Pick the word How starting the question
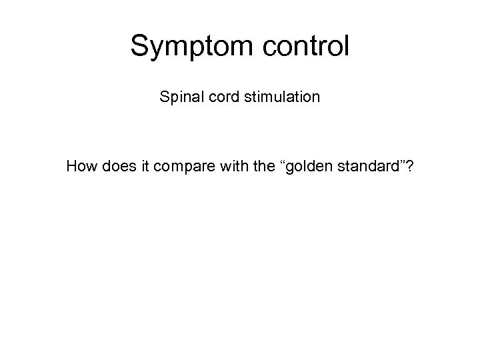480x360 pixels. click(x=81, y=165)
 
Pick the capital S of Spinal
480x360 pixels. click(x=164, y=97)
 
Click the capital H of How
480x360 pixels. click(x=71, y=165)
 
